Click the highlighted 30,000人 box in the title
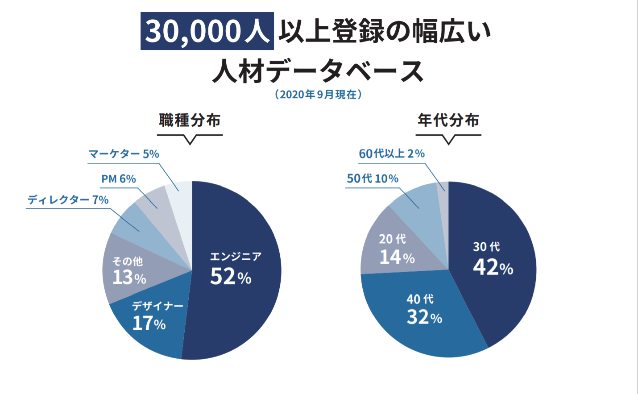(x=207, y=31)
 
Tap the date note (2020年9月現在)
(x=318, y=95)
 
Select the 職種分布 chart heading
(x=190, y=120)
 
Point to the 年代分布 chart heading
(x=448, y=120)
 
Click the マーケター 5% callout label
(x=124, y=154)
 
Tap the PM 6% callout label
(x=118, y=179)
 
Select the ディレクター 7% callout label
(x=68, y=200)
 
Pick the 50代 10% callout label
(x=373, y=178)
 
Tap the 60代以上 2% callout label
(x=392, y=153)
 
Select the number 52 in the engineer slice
(x=223, y=276)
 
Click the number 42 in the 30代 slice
(x=485, y=267)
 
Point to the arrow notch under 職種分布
(x=190, y=141)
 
